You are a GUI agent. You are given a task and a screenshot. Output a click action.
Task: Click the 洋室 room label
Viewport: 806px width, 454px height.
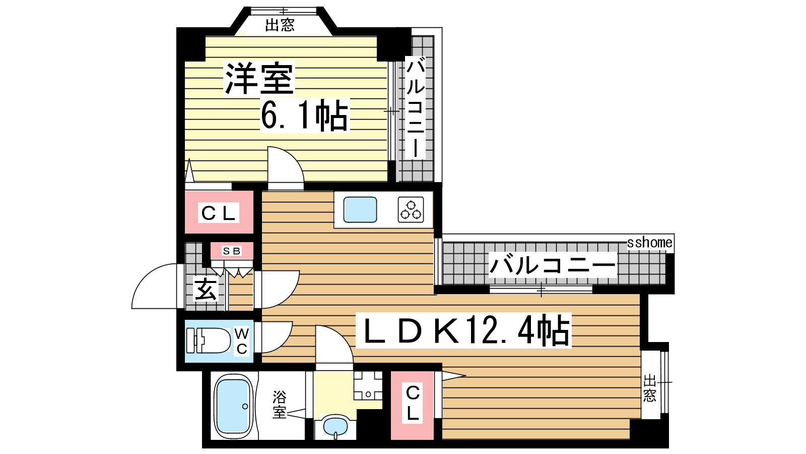[259, 78]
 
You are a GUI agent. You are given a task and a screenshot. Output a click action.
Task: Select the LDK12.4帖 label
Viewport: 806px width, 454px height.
[463, 331]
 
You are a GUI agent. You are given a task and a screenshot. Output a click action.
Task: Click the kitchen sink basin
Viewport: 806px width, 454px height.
[360, 210]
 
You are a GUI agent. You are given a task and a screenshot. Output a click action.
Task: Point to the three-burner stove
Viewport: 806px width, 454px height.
[411, 210]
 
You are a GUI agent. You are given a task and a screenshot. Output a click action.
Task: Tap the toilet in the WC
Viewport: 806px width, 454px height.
[209, 340]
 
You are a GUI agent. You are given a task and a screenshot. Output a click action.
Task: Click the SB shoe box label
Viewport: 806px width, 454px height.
[232, 251]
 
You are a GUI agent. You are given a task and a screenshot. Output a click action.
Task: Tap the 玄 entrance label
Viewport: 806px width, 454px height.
[206, 289]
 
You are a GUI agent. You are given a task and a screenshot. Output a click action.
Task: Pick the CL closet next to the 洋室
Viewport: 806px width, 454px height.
[219, 212]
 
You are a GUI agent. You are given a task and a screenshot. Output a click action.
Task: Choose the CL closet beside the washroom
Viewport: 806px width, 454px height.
[413, 406]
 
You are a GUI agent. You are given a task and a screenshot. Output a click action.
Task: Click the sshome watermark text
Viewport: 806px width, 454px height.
[650, 243]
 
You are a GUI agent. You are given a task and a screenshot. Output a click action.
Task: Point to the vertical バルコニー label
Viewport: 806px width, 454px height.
[415, 107]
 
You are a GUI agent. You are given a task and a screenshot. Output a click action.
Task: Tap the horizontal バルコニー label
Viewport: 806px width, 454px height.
[552, 265]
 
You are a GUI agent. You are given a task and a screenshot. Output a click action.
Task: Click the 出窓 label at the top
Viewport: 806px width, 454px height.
[280, 25]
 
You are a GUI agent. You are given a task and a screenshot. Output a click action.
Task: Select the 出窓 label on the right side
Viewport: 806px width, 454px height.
[650, 388]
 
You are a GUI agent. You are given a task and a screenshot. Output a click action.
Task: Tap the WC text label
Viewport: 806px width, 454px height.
[242, 341]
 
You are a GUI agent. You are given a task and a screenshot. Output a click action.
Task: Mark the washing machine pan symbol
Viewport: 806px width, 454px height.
[368, 385]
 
